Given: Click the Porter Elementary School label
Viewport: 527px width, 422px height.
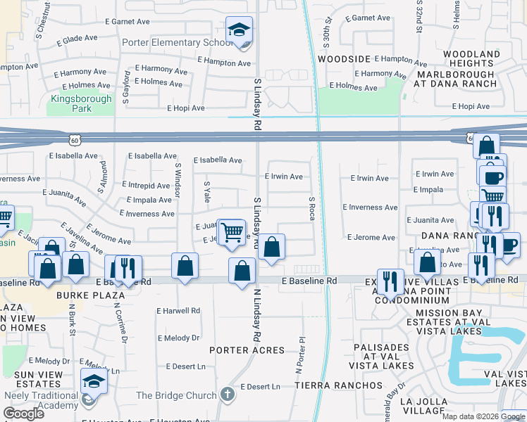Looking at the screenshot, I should point(177,43).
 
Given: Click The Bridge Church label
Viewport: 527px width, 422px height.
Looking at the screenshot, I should point(176,395).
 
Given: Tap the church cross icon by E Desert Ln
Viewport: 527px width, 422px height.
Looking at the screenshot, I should point(228,394).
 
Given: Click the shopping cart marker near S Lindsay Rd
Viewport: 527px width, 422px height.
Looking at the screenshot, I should point(231,231).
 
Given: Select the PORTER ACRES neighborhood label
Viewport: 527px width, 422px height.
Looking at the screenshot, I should point(247,350).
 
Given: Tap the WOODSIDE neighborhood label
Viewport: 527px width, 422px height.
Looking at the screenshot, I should point(343,60).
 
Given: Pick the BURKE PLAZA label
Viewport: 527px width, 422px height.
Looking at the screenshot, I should point(92,295).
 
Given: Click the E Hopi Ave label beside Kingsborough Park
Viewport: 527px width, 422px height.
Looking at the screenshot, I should point(186,108).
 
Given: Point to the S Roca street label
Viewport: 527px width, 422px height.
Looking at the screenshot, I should point(311,208).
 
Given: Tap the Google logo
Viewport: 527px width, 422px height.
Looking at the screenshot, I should point(23,413).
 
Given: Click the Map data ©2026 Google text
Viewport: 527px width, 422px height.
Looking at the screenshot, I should point(483,416).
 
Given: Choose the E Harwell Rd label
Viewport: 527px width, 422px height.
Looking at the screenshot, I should point(178,310).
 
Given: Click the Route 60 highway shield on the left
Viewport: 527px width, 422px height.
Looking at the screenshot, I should point(84,139).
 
